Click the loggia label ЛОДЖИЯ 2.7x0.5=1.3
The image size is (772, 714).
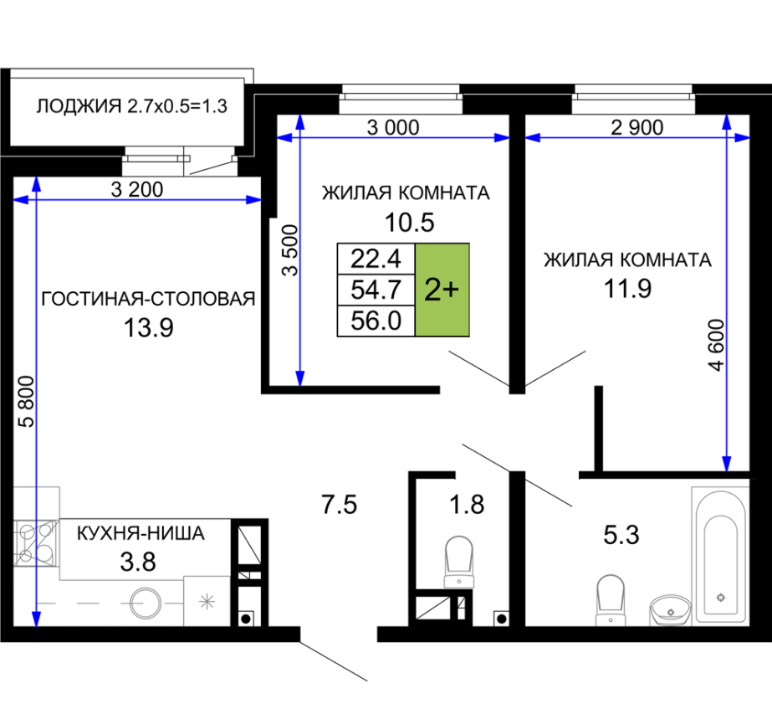click(x=131, y=106)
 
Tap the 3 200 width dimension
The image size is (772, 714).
click(x=137, y=190)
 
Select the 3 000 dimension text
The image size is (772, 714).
click(x=393, y=127)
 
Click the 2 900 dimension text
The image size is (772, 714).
click(x=637, y=127)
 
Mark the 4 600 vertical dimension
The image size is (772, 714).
click(x=716, y=345)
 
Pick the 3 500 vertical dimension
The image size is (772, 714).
click(x=290, y=249)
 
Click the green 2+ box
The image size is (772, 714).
click(x=442, y=290)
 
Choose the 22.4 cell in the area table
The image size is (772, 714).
click(x=376, y=259)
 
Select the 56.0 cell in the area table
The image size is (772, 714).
click(x=376, y=321)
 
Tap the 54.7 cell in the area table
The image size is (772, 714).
click(x=376, y=290)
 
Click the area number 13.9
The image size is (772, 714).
click(x=148, y=327)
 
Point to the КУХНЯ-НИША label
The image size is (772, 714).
click(x=141, y=533)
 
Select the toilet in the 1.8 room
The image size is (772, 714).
click(x=459, y=562)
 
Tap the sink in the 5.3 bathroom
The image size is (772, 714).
click(x=671, y=610)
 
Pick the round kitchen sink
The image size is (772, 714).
click(x=146, y=604)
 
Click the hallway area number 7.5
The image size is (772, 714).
click(x=339, y=505)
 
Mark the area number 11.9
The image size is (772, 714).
click(x=627, y=288)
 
